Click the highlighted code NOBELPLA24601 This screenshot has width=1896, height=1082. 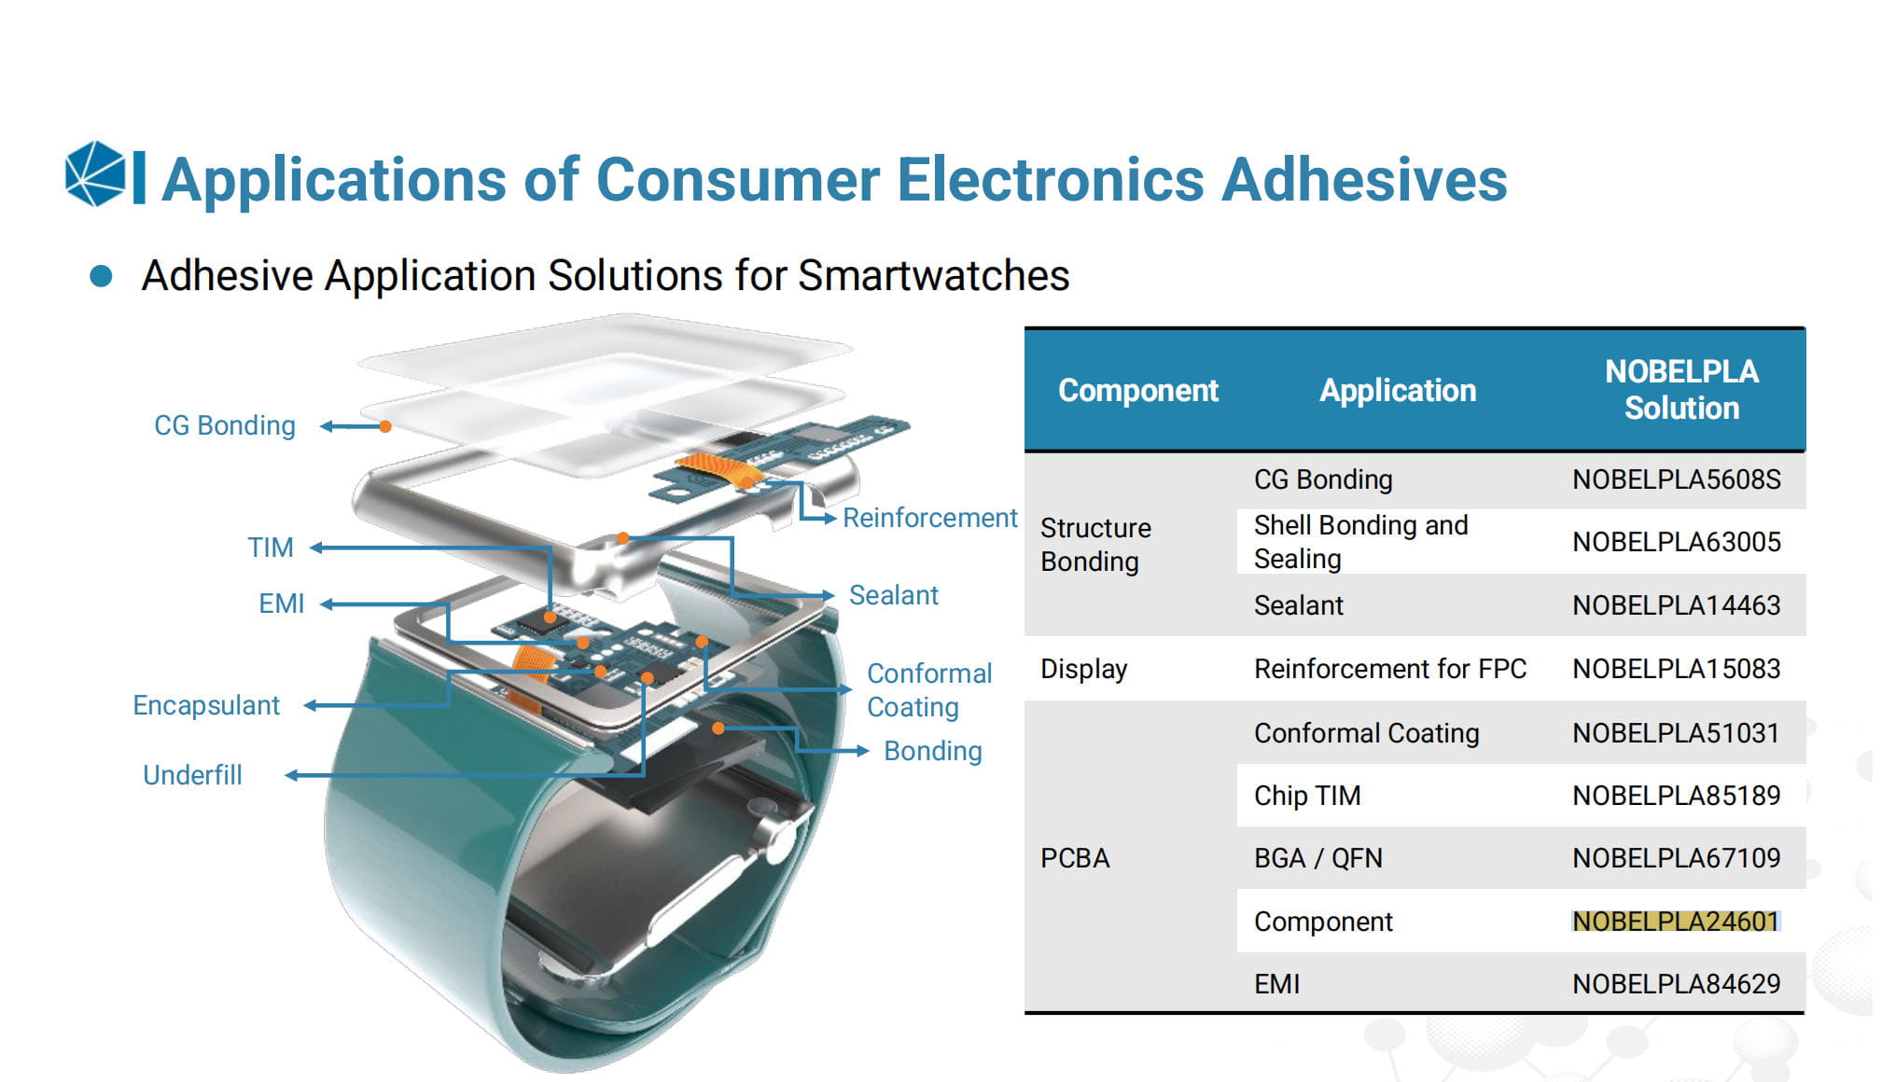point(1676,922)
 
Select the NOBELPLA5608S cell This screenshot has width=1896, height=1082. point(1676,479)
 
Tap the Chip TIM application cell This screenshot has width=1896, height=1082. point(1307,796)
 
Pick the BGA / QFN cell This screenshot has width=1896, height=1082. point(1317,858)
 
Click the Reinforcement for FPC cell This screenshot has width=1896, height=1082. point(1390,669)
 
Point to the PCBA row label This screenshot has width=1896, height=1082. point(1075,858)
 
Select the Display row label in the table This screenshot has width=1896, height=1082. point(1083,669)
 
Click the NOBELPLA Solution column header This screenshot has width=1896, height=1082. point(1681,390)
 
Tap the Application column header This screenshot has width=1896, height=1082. point(1398,390)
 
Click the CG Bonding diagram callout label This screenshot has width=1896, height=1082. point(225,425)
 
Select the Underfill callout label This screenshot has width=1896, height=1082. point(192,775)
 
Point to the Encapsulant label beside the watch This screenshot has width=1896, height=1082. point(206,705)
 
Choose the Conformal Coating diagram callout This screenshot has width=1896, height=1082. point(929,690)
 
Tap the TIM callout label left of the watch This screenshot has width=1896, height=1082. point(271,548)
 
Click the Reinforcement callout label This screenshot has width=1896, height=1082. point(930,518)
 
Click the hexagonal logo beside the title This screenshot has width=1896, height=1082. point(95,173)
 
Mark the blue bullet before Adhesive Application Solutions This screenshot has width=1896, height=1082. point(101,276)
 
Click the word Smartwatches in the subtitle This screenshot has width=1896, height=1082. point(934,276)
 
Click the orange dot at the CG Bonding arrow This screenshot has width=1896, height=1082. point(384,426)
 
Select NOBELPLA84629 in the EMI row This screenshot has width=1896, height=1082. point(1676,984)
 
